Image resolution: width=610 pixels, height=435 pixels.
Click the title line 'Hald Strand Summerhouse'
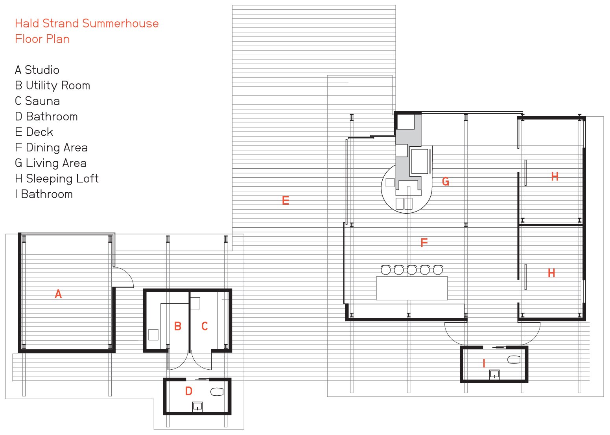click(87, 24)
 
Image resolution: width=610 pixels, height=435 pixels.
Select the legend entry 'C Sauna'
click(37, 101)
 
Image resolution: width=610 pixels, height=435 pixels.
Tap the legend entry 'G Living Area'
click(51, 163)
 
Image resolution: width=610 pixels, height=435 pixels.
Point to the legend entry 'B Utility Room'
click(53, 85)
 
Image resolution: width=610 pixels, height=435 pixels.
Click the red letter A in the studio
click(58, 294)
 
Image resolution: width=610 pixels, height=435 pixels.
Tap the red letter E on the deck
click(286, 201)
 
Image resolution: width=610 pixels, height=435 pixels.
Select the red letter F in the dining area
click(424, 242)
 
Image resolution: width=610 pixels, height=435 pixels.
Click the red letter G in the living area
click(446, 181)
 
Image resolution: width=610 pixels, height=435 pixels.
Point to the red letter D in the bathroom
click(189, 391)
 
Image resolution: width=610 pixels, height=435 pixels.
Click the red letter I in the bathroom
click(484, 363)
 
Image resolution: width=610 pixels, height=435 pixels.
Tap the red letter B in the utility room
click(178, 326)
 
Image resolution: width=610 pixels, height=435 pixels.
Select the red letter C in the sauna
click(205, 326)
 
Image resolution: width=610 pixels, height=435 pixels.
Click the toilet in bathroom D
click(217, 392)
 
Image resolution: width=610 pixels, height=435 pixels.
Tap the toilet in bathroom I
click(514, 359)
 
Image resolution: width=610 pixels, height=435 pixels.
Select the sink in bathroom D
click(197, 407)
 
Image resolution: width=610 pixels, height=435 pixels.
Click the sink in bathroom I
click(494, 374)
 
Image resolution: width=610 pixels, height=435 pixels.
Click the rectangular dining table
click(412, 288)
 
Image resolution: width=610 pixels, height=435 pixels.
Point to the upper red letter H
click(555, 177)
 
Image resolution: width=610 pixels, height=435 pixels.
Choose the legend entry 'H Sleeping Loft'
click(57, 179)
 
